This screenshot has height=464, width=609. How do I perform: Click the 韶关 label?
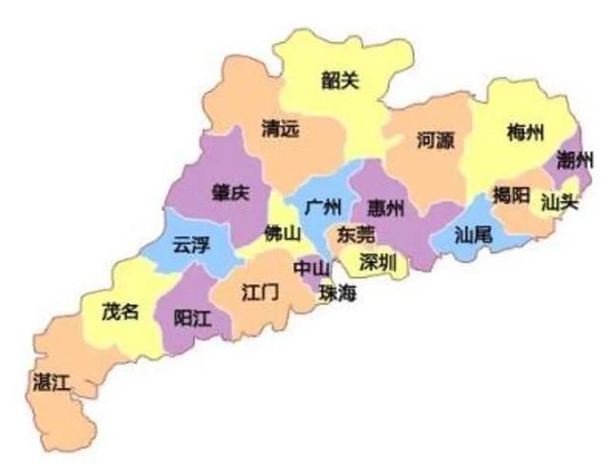point(340,80)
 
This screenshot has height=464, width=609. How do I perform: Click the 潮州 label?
point(576,159)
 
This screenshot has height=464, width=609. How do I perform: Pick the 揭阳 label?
point(511,196)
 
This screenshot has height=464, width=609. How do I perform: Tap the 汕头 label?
point(559,201)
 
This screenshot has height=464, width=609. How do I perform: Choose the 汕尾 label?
point(473,233)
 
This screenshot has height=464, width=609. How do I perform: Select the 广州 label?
point(324,206)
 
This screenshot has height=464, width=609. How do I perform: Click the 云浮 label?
point(190,245)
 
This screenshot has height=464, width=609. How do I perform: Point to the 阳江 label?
point(193,318)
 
